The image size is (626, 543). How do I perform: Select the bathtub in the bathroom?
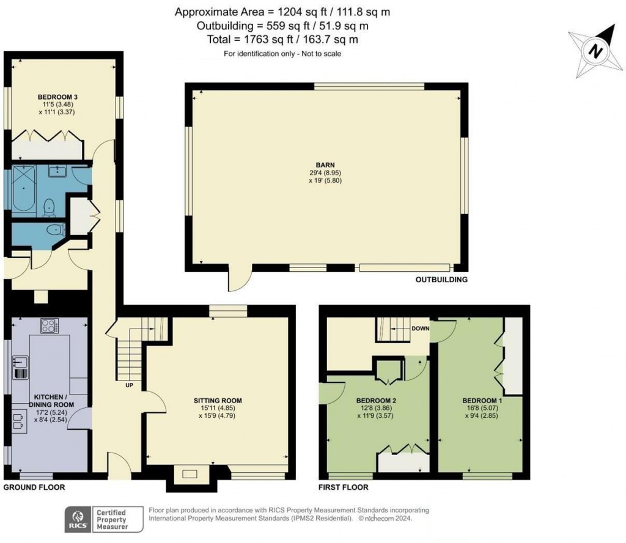coord(24,189)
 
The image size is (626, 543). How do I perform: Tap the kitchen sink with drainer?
coord(20,367)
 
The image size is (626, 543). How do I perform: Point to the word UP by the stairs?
coord(130,385)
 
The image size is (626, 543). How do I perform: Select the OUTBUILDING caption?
coord(441,280)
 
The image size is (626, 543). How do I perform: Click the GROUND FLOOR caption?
coord(34,487)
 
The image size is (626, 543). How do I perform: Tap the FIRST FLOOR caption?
coord(344,487)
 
